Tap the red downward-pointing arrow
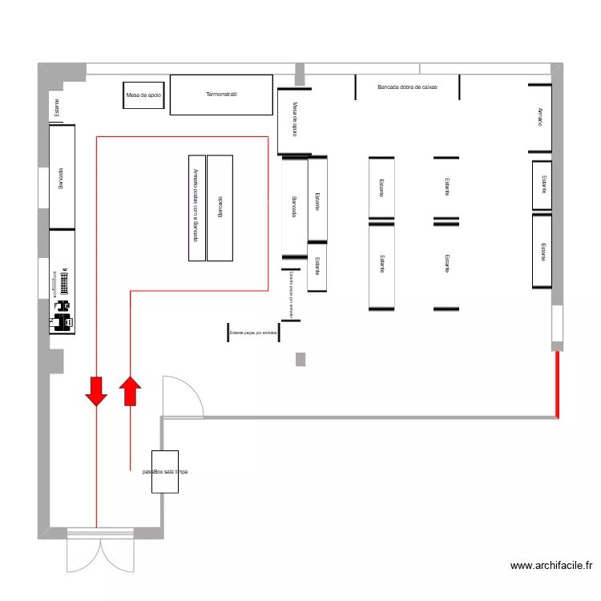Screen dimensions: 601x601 pos(96,390)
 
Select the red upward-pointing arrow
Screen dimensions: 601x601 pos(130,392)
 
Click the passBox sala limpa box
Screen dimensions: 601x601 pos(165,473)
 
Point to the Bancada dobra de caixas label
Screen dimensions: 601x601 pos(407,86)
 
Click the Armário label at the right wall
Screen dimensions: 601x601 pos(540,118)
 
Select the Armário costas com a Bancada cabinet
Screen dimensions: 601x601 pos(196,208)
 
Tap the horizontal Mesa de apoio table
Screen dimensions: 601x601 pos(143,95)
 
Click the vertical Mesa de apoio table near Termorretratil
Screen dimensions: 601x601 pos(294,121)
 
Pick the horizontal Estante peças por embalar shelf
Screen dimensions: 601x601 pos(253,332)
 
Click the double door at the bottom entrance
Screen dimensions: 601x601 pos(100,551)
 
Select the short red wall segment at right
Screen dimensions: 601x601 pos(557,384)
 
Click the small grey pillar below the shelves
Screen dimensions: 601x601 pos(300,359)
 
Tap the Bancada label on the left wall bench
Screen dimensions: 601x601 pos(61,178)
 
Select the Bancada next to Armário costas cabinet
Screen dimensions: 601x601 pos(220,208)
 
